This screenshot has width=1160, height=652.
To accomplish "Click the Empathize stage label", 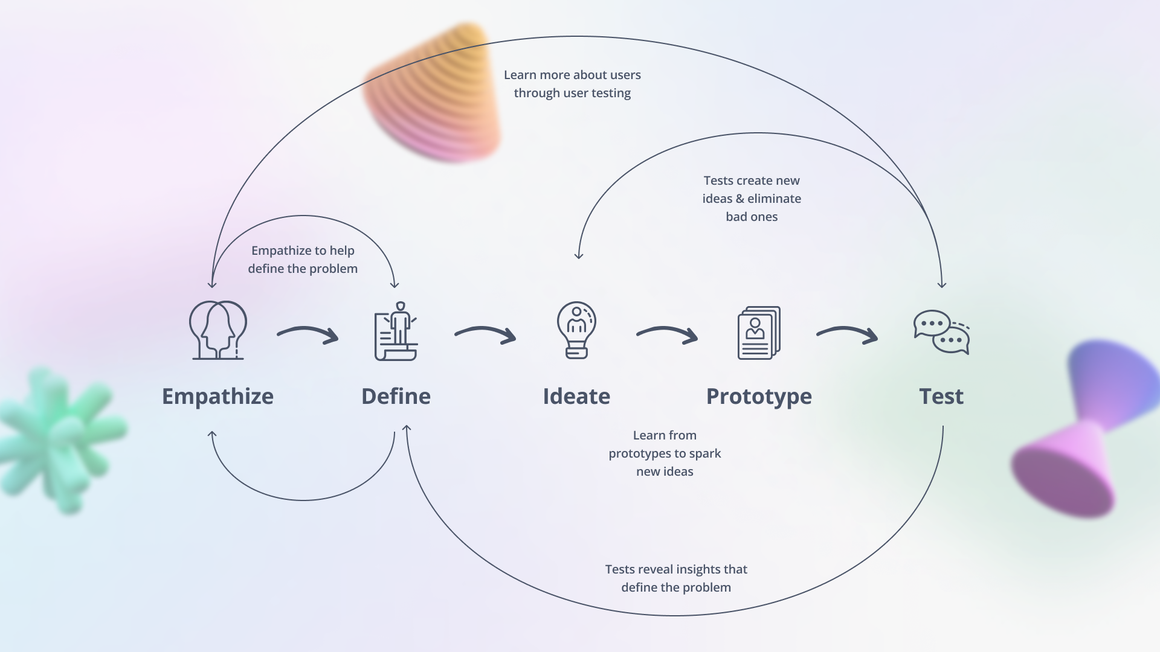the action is (217, 397).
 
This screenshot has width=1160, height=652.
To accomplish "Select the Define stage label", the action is (396, 397).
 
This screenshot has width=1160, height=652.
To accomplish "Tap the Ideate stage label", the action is (576, 397).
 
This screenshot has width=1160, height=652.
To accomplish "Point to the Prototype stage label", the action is (759, 397).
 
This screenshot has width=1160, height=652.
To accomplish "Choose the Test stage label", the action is (941, 397).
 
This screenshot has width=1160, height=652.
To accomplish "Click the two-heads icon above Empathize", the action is (218, 330).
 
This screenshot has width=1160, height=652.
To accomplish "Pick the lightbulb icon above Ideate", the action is (576, 330).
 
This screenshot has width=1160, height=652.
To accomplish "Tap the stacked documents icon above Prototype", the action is (759, 333).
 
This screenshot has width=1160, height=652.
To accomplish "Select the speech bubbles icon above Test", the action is (941, 332).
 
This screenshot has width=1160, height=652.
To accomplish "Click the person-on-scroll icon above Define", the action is (396, 331).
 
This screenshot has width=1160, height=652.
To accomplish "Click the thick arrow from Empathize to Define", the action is (308, 334).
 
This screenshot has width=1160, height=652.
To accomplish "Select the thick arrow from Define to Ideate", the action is (486, 334).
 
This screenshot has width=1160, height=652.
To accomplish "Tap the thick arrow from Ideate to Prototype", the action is (668, 334).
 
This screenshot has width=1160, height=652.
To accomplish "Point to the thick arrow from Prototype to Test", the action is (848, 334).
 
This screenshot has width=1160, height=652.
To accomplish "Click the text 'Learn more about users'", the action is (572, 75).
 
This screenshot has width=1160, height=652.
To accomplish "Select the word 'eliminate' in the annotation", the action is (774, 199).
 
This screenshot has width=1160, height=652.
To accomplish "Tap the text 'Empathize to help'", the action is (303, 251).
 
